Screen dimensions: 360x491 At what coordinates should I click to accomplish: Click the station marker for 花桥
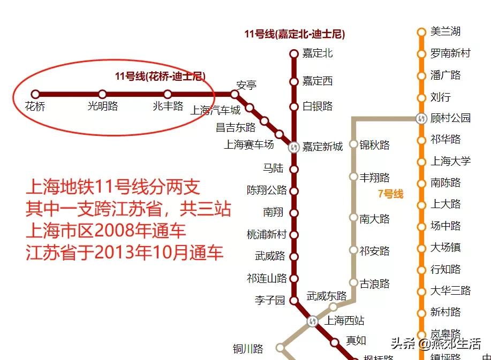coord(35,94)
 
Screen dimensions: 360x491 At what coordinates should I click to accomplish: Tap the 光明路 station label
coord(103,106)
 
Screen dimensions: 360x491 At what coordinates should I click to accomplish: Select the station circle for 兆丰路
coord(168,94)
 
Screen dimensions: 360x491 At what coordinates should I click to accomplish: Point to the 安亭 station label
coord(246,85)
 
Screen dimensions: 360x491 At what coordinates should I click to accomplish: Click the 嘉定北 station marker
coord(293,53)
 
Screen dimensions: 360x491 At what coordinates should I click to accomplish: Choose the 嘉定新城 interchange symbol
coord(293,147)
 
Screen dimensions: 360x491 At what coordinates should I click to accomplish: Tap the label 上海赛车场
coord(248,144)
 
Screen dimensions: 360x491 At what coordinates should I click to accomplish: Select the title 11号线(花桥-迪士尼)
coord(160,76)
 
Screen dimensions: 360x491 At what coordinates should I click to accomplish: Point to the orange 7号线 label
coord(390,194)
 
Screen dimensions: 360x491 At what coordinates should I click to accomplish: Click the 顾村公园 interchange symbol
coord(421,118)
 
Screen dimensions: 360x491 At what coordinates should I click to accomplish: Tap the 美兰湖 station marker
coord(421,32)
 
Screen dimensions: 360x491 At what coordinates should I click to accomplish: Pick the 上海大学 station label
coord(450,161)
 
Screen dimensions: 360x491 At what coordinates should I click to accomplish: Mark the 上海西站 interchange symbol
coord(313,321)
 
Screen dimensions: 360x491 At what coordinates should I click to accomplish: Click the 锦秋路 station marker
coord(353,144)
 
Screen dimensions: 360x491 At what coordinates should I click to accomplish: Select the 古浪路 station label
coord(375,284)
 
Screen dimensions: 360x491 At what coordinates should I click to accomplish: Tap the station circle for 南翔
coord(293,213)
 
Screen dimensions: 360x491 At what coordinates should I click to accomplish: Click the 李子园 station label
coord(270,300)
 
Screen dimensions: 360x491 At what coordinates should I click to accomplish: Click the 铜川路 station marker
coord(280,348)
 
